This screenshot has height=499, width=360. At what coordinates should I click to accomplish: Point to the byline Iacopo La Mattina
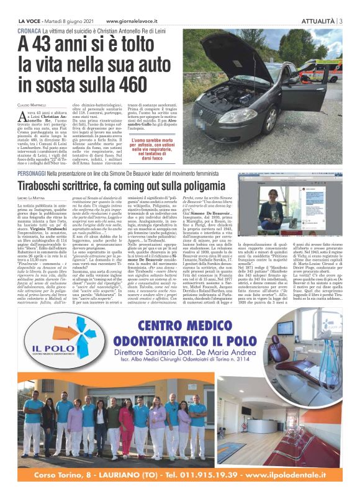(x=29, y=197)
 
